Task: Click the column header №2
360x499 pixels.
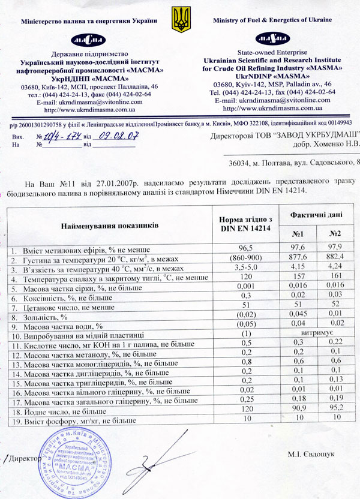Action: (x=335, y=233)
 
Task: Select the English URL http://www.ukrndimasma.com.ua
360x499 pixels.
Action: (x=272, y=108)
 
